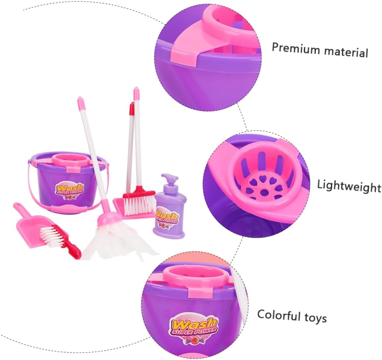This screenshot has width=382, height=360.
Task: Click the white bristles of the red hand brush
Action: [x=54, y=234]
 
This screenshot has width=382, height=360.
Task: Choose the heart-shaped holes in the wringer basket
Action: [x=261, y=189]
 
